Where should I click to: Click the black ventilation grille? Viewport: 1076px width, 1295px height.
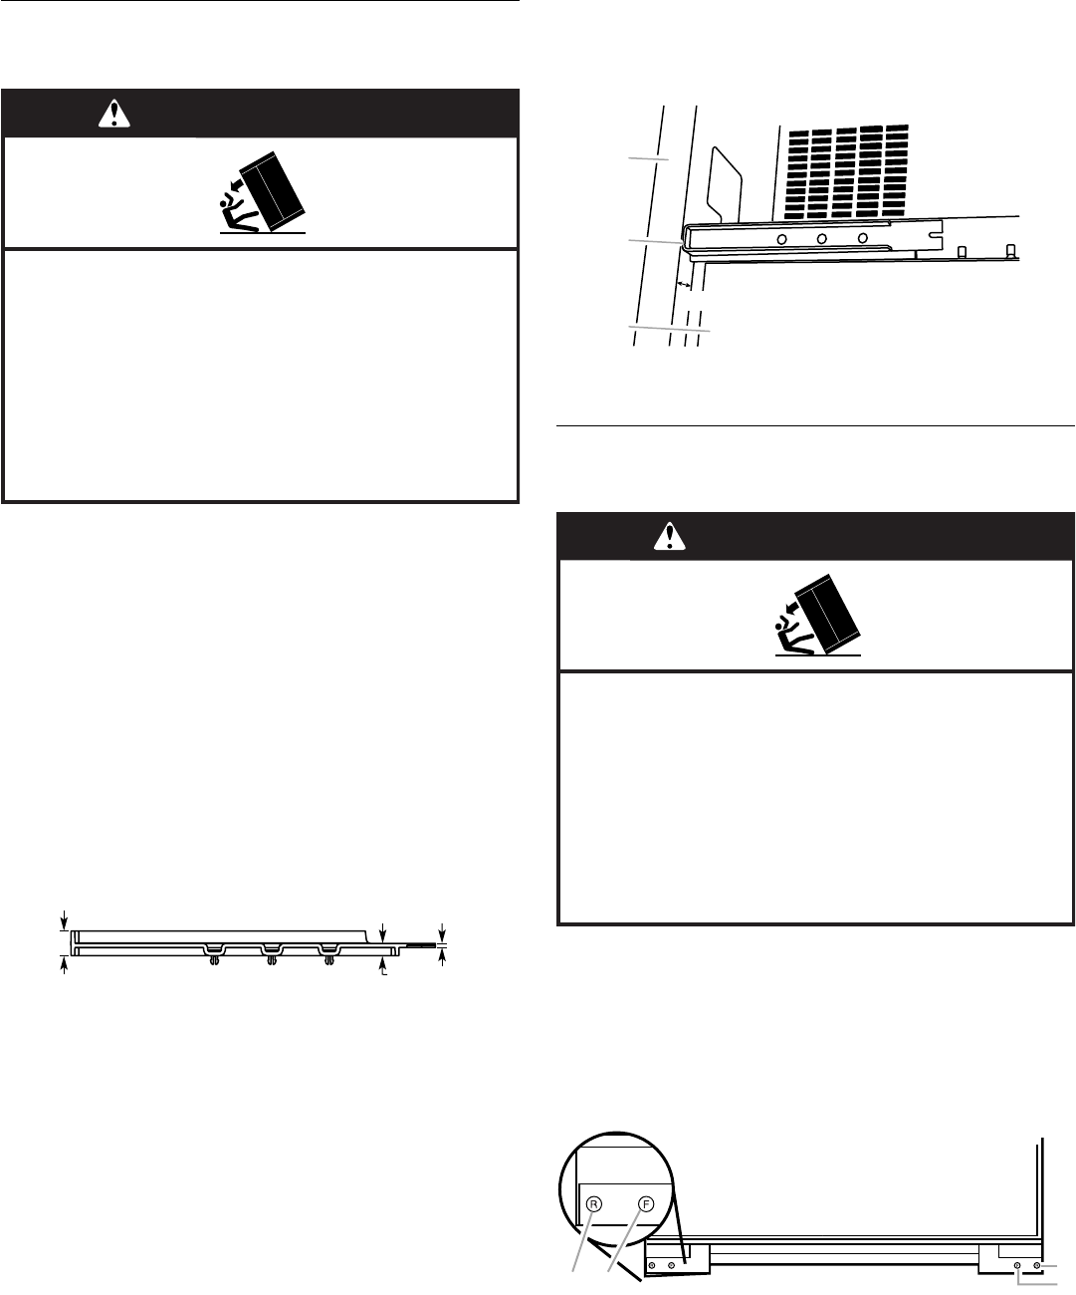(844, 171)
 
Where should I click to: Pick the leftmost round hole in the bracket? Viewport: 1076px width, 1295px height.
(783, 239)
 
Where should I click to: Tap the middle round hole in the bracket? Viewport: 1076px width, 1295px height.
(823, 239)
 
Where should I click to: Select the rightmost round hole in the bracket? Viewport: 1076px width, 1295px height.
(863, 239)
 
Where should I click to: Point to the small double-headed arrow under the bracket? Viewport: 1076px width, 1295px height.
(684, 286)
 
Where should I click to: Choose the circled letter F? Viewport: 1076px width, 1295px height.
(646, 1202)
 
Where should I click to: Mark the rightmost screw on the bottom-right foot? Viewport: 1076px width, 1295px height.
(1037, 1264)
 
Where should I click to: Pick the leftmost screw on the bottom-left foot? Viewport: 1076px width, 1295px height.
(652, 1264)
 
